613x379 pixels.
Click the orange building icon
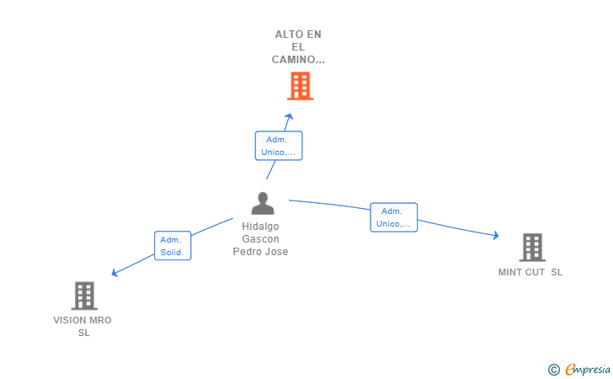pyautogui.click(x=300, y=86)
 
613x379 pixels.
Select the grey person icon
pyautogui.click(x=263, y=204)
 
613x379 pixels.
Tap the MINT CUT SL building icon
pyautogui.click(x=531, y=247)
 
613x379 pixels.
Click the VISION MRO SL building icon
pyautogui.click(x=83, y=296)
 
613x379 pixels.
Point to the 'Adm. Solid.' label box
pyautogui.click(x=173, y=246)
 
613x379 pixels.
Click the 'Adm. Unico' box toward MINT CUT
pyautogui.click(x=393, y=217)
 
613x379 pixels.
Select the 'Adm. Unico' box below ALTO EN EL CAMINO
pyautogui.click(x=278, y=146)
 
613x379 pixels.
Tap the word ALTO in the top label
pyautogui.click(x=285, y=35)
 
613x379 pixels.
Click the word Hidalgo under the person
pyautogui.click(x=260, y=227)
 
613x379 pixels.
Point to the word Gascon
pyautogui.click(x=260, y=239)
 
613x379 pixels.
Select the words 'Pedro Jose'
pyautogui.click(x=260, y=252)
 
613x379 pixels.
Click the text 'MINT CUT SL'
pyautogui.click(x=530, y=272)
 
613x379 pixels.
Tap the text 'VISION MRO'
pyautogui.click(x=83, y=320)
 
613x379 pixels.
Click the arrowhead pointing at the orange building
pyautogui.click(x=289, y=117)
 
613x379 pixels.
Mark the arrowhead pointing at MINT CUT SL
pyautogui.click(x=496, y=236)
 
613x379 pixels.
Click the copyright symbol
pyautogui.click(x=553, y=369)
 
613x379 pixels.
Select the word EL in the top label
pyautogui.click(x=298, y=47)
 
